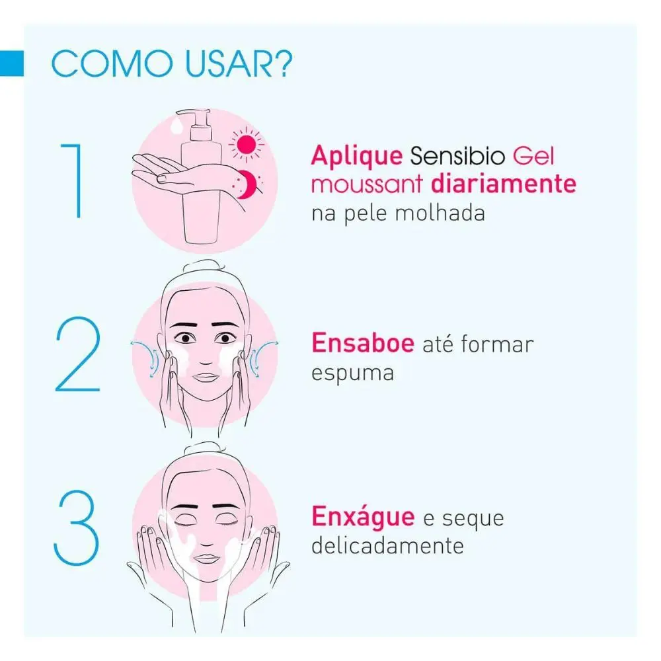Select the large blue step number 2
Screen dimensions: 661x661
click(78, 354)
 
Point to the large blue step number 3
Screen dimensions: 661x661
click(76, 527)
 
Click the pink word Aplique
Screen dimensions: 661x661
click(357, 157)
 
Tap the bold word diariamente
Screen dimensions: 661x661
click(504, 184)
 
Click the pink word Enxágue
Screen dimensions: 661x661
click(363, 517)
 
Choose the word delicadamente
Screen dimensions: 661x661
click(387, 545)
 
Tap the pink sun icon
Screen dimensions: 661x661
click(246, 145)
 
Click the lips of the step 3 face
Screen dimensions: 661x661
click(206, 559)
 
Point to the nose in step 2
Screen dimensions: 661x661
click(206, 358)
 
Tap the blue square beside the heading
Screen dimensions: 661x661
click(12, 63)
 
